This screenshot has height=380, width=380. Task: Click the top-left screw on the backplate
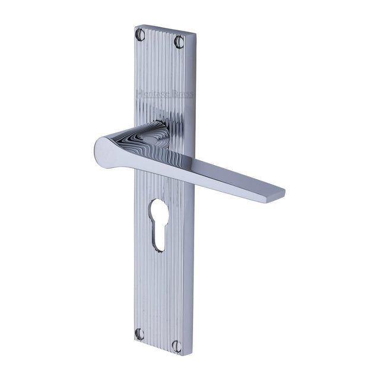(x=141, y=35)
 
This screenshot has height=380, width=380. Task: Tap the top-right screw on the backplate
(x=179, y=42)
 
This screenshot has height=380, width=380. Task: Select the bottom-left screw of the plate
(x=140, y=334)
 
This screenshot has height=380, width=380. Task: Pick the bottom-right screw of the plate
(x=178, y=346)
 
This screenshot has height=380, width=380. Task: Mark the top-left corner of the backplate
(x=135, y=26)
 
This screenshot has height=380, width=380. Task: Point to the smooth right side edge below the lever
(x=191, y=267)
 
